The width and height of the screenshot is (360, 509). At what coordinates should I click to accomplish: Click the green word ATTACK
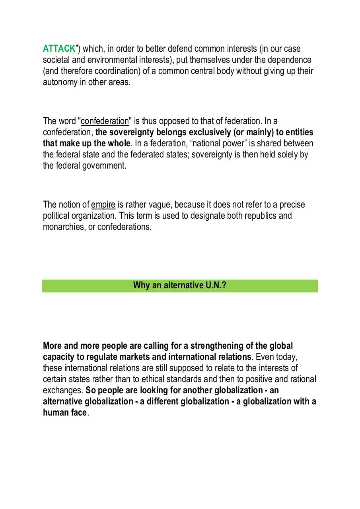click(59, 49)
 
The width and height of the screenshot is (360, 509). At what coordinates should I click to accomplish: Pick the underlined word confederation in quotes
click(105, 121)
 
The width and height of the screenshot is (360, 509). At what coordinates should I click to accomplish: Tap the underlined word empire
click(103, 205)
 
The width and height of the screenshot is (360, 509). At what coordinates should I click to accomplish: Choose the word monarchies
click(64, 227)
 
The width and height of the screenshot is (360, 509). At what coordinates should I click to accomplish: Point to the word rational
click(302, 379)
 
